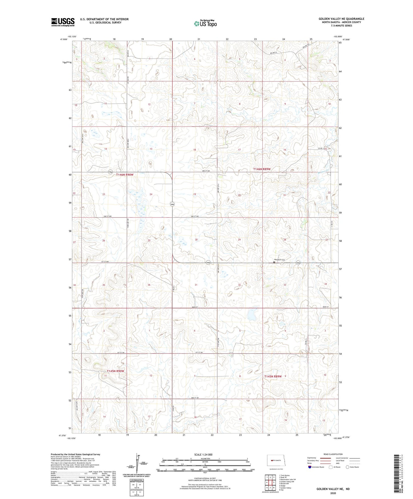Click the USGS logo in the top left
[x=63, y=22]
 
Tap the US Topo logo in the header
[x=205, y=23]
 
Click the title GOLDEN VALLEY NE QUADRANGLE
[x=341, y=19]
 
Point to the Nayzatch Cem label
[x=280, y=260]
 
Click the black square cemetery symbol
[x=274, y=262]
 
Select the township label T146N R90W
[x=125, y=175]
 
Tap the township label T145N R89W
[x=273, y=376]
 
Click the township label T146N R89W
[x=262, y=169]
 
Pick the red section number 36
[x=149, y=285]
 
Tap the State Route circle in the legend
[x=348, y=467]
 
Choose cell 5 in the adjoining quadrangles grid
[x=274, y=483]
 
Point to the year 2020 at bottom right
[x=333, y=493]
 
